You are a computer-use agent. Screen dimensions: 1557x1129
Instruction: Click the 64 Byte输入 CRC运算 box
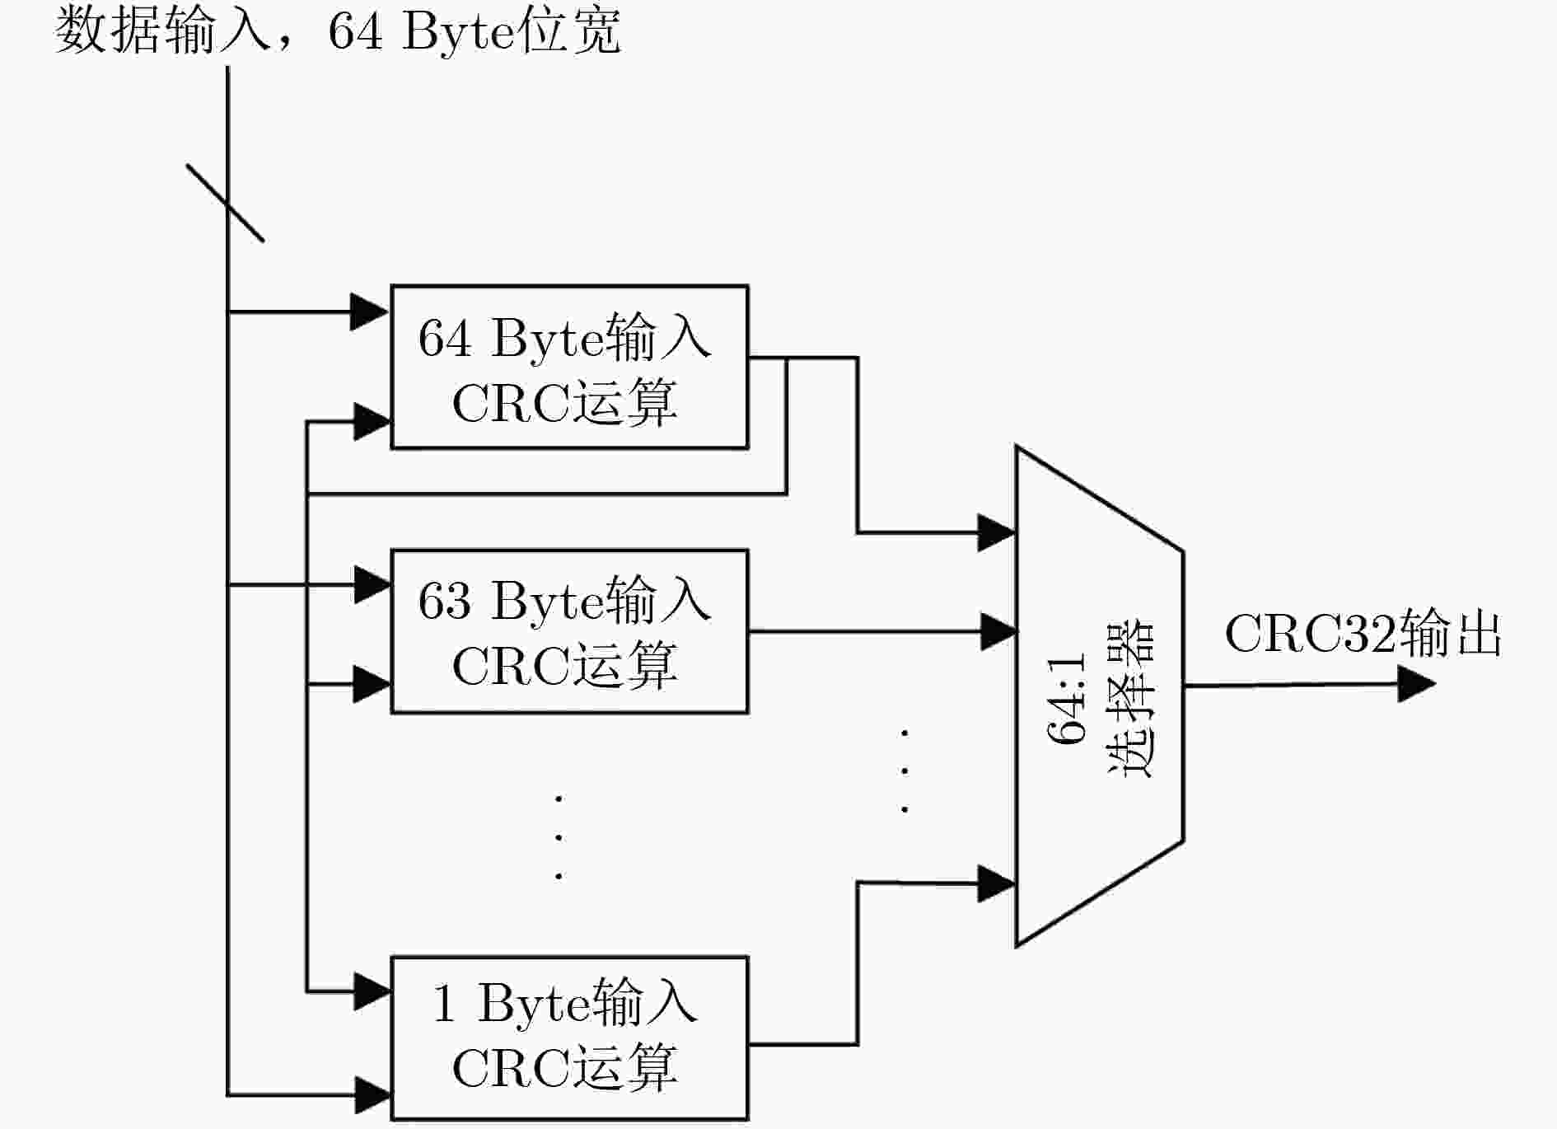click(569, 367)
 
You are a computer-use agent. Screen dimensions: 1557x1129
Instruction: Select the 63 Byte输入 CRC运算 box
click(569, 631)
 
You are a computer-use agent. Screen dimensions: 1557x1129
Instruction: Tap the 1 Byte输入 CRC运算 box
click(569, 1038)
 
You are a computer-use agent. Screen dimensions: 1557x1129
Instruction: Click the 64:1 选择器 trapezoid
click(1100, 696)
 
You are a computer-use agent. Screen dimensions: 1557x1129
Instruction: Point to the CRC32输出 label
click(1363, 635)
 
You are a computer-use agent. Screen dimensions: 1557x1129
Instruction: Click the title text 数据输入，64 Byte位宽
click(338, 31)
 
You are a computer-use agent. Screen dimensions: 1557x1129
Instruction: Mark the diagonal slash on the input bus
click(225, 203)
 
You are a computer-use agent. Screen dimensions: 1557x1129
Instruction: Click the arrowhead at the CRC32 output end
click(1417, 684)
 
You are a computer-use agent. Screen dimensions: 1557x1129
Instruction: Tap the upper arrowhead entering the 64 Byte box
click(370, 312)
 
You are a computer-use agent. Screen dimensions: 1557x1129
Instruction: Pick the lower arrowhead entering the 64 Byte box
click(372, 422)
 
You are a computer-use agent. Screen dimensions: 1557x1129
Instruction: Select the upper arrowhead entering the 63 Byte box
click(372, 584)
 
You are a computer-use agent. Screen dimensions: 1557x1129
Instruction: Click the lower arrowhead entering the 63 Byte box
click(372, 684)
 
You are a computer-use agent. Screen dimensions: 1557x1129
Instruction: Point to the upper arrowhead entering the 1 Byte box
click(372, 991)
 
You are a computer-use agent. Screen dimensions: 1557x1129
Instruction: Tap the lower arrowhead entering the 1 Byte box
click(372, 1095)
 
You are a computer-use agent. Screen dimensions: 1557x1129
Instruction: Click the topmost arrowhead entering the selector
click(996, 532)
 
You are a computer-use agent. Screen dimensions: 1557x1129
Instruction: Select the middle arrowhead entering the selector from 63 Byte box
click(998, 631)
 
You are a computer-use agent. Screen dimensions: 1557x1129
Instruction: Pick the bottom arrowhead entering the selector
click(996, 883)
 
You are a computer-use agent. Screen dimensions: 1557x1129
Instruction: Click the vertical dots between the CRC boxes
click(559, 836)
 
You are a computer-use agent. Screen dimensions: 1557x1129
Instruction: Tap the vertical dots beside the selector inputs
click(905, 771)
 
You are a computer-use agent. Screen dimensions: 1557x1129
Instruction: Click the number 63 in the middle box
click(445, 601)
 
